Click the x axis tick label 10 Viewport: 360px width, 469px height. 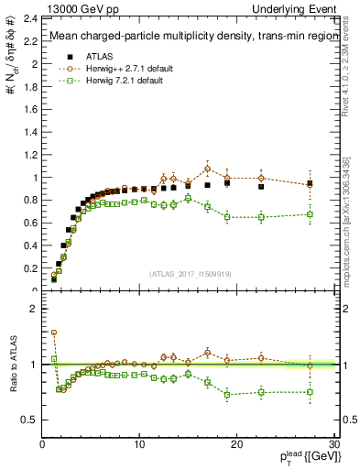click(139, 443)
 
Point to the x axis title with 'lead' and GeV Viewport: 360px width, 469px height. click(301, 455)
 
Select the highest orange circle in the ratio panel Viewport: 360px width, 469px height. click(54, 333)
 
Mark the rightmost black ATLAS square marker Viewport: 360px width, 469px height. click(310, 184)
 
